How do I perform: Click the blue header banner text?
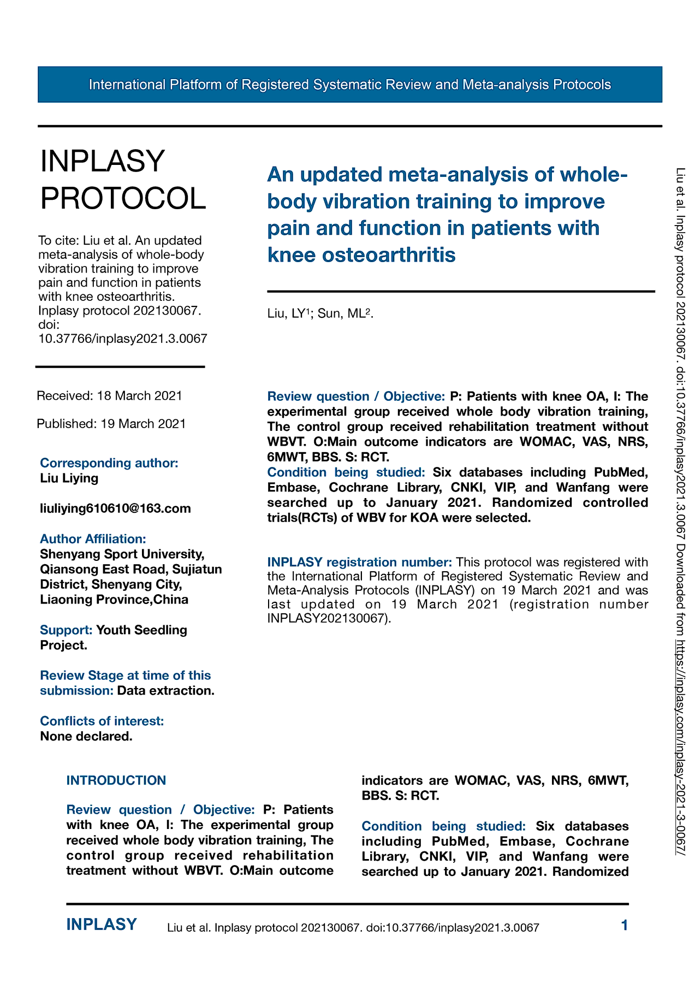point(349,85)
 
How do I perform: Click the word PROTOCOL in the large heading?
point(123,198)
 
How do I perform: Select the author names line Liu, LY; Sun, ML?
point(320,313)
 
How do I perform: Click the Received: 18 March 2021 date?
point(109,396)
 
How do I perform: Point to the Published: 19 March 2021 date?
point(111,424)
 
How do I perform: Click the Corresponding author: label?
point(109,463)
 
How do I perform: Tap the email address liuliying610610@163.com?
point(115,509)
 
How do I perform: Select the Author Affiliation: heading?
point(93,539)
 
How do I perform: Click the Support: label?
point(66,630)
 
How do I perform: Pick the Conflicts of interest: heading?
point(102,721)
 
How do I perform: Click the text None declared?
point(86,737)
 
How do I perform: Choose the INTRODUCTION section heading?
point(116,780)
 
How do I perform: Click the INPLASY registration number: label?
point(359,562)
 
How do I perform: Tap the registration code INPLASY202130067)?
point(329,619)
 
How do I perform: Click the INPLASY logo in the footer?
point(102,925)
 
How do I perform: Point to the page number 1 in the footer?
point(625,925)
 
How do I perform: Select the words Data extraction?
point(165,691)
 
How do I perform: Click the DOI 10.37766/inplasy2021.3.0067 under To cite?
point(123,339)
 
